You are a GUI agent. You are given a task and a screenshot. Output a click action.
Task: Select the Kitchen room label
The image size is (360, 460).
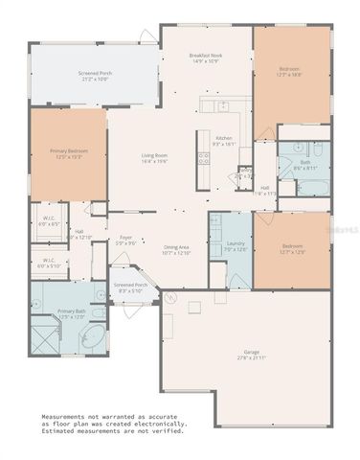pyautogui.click(x=224, y=141)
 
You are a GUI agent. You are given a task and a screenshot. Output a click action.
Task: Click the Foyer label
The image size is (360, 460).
pyautogui.click(x=125, y=240)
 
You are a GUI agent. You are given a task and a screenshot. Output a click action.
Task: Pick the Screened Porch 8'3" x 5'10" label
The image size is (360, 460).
pyautogui.click(x=130, y=287)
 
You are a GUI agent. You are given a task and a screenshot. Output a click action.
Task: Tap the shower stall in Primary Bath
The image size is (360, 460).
pyautogui.click(x=45, y=337)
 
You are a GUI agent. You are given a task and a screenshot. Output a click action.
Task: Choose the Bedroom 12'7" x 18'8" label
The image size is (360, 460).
pyautogui.click(x=289, y=72)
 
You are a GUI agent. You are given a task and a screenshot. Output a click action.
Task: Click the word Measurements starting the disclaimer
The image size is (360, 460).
pyautogui.click(x=68, y=416)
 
